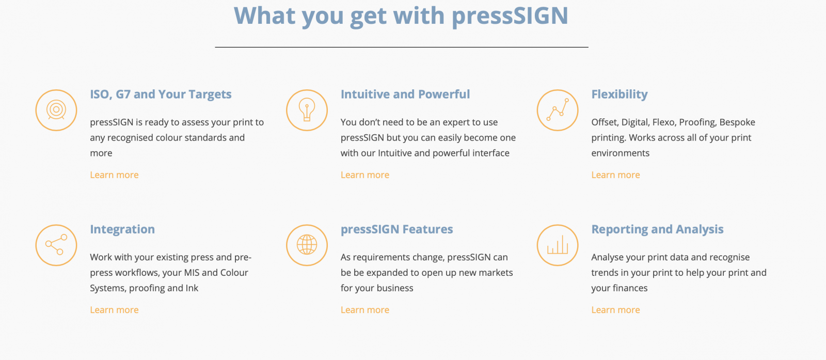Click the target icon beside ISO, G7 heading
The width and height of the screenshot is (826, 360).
click(x=56, y=110)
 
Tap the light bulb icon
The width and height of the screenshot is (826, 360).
click(x=307, y=110)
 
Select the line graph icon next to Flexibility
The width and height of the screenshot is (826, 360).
click(x=558, y=110)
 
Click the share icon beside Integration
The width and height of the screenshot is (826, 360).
click(x=56, y=245)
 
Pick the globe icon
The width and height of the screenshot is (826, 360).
click(x=307, y=245)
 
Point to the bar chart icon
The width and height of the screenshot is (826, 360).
click(x=558, y=245)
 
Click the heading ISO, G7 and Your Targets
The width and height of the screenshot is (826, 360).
click(x=161, y=95)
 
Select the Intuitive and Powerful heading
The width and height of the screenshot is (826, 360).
click(x=405, y=94)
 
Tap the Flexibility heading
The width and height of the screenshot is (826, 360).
click(x=619, y=95)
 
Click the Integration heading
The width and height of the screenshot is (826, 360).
click(x=122, y=229)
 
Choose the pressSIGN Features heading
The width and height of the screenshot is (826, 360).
click(x=397, y=229)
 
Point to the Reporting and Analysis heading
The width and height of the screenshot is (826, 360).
click(x=658, y=229)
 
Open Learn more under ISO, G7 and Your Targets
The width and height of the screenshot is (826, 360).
click(x=114, y=175)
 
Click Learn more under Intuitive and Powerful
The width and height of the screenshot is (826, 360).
click(x=365, y=175)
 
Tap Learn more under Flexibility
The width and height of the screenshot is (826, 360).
click(x=616, y=175)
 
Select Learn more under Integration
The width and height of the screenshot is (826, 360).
click(x=114, y=310)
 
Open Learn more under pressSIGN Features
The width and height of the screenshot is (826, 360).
click(x=365, y=310)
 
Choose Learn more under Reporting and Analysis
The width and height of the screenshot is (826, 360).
click(x=616, y=310)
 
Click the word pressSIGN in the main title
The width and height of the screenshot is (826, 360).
click(x=510, y=16)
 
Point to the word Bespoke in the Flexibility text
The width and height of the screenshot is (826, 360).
click(x=738, y=122)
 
